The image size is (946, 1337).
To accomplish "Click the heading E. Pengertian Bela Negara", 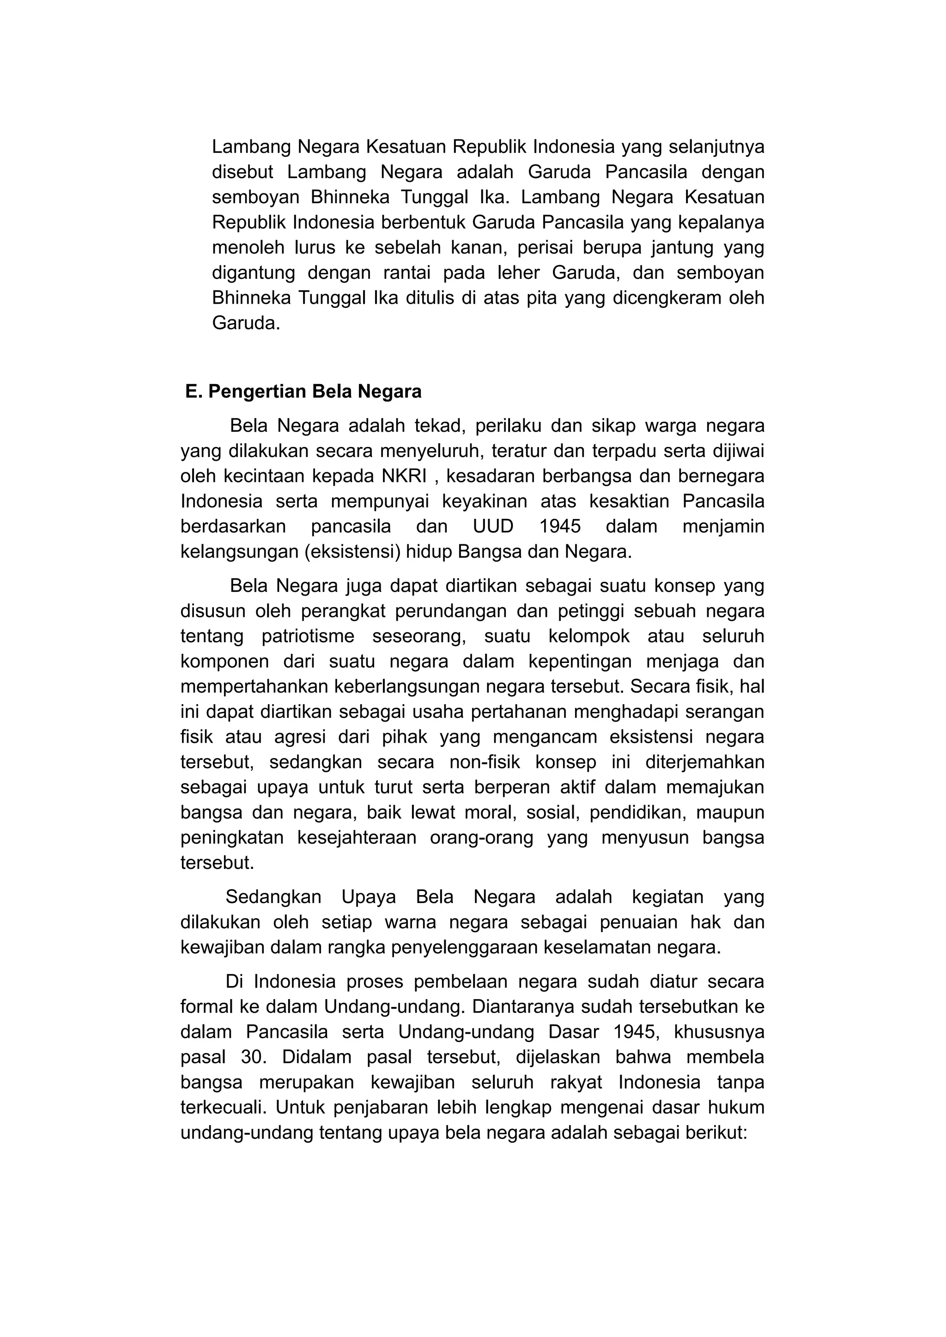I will pos(303,392).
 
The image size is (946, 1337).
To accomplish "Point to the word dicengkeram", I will pos(663,298).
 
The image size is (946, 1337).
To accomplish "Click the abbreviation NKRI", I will pos(405,476).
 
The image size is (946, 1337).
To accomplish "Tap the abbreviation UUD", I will pos(493,526).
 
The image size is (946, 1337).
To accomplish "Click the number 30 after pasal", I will pos(252,1057).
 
